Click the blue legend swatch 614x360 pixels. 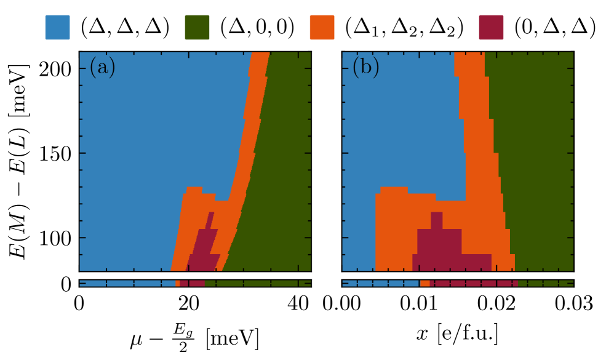[x=57, y=28]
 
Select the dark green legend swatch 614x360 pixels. [x=197, y=28]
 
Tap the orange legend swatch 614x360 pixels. [x=322, y=28]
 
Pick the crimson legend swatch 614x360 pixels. [x=491, y=28]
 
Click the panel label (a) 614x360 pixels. [x=102, y=66]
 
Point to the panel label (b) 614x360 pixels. [x=365, y=66]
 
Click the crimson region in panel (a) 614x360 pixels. [x=204, y=249]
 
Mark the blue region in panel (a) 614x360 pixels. [x=154, y=154]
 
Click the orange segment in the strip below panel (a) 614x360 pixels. [x=178, y=283]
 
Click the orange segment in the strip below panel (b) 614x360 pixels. [x=425, y=283]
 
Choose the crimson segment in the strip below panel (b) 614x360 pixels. [x=474, y=283]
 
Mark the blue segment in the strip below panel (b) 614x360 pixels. [x=381, y=283]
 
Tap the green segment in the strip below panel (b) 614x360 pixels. [x=545, y=283]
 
